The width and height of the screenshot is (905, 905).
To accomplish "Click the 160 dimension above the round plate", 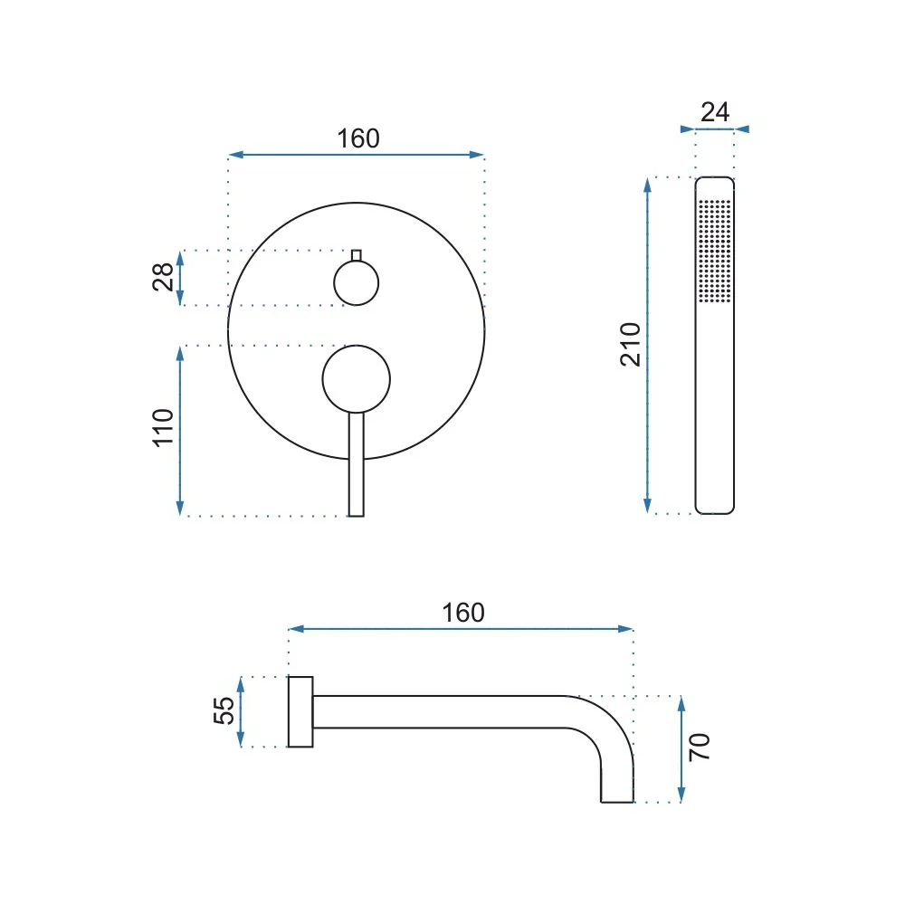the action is point(357,139).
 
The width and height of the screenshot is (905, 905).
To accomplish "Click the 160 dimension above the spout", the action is point(462,613).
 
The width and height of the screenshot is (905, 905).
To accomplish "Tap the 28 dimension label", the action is point(163,277).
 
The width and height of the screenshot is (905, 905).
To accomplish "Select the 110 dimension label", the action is point(163,427).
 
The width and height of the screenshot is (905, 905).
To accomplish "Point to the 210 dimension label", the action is point(630,345).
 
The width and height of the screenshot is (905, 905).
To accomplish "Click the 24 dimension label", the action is point(715,112).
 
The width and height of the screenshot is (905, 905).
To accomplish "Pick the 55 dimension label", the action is point(224,710).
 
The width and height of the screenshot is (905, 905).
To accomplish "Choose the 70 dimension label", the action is point(699,748).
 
